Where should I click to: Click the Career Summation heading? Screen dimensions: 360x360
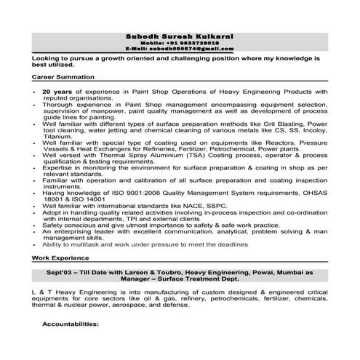[63, 76]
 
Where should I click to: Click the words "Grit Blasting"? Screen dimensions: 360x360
[282, 124]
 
